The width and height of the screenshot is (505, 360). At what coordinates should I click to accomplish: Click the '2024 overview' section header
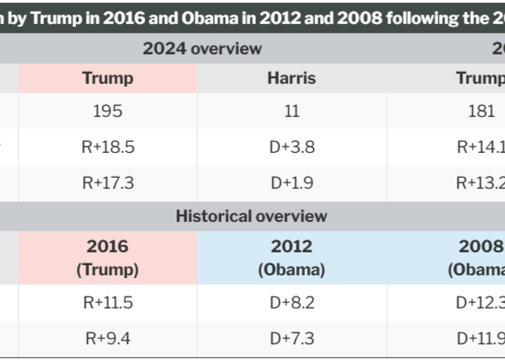[202, 48]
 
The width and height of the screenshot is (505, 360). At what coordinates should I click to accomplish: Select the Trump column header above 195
[108, 78]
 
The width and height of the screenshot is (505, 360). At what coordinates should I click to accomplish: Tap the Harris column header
[292, 78]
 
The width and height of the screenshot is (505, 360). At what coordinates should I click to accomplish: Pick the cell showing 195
[108, 111]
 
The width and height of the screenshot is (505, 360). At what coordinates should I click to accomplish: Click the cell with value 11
[292, 111]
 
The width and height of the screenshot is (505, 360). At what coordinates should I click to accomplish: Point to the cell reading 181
[481, 111]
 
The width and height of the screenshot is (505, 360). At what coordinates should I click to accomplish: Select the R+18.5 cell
[108, 147]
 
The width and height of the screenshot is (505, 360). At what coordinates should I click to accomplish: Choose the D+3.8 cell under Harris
[292, 147]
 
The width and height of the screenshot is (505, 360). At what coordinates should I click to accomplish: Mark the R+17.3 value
[108, 183]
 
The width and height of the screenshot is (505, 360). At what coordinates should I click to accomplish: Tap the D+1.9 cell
[292, 183]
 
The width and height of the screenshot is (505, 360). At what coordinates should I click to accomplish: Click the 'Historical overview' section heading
[251, 216]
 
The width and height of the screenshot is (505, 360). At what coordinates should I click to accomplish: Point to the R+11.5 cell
[108, 302]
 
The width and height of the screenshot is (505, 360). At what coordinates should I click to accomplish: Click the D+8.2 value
[292, 302]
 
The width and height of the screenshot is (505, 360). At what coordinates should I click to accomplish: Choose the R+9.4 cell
[108, 338]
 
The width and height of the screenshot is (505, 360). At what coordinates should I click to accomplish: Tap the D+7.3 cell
[292, 338]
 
